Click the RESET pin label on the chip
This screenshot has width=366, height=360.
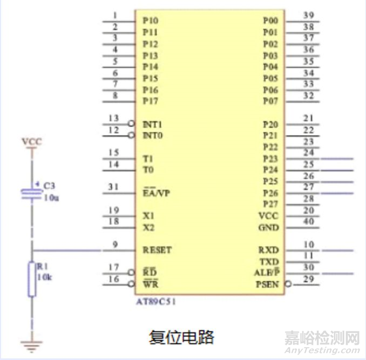click(157, 250)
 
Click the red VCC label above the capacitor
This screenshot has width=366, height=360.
click(31, 142)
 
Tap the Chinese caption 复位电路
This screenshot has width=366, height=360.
click(181, 337)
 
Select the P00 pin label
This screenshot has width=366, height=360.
click(270, 21)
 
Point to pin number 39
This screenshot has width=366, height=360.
click(308, 15)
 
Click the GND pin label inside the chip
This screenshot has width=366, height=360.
click(268, 228)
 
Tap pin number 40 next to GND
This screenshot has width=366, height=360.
click(308, 221)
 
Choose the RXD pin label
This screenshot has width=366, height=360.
click(268, 250)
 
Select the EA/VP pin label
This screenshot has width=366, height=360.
click(156, 193)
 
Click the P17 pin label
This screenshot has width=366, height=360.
click(151, 101)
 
